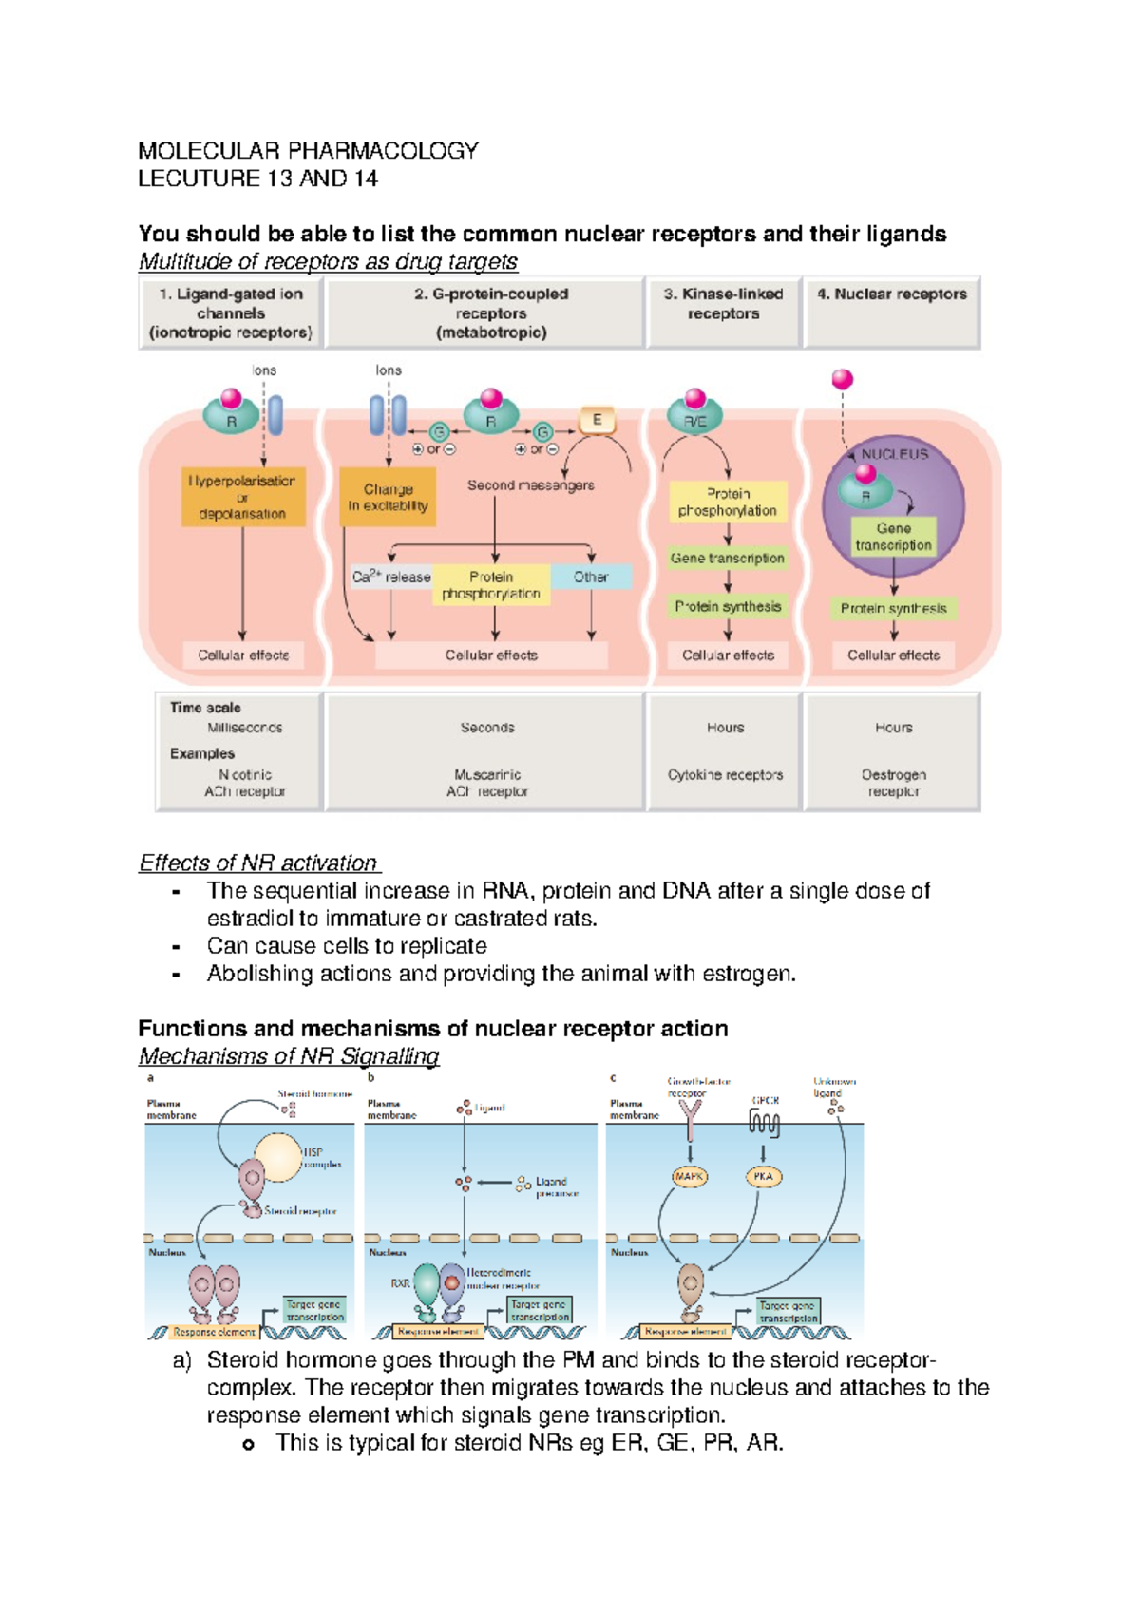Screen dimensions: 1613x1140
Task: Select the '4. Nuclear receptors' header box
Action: pos(891,312)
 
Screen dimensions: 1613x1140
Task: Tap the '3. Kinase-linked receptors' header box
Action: pos(723,312)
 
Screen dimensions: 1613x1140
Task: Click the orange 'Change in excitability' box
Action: pos(388,497)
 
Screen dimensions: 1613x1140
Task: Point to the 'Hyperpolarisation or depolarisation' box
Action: pos(242,497)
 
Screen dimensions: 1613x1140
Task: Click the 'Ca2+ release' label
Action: pos(391,577)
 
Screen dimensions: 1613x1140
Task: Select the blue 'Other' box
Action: pos(591,577)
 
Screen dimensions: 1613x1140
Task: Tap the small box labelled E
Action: pos(597,420)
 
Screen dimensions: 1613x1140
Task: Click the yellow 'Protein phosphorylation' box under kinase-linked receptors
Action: pos(728,502)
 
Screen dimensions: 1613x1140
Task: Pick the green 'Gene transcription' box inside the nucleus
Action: pos(893,537)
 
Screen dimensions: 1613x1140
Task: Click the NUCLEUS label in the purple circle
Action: pos(894,454)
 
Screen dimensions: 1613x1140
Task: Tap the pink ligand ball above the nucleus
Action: pos(842,380)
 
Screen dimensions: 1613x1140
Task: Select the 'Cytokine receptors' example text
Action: pos(725,775)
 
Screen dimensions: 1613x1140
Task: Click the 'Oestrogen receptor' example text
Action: pos(893,783)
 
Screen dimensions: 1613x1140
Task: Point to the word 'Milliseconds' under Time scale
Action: pos(245,728)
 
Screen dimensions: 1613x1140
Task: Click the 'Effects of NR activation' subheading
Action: pos(258,863)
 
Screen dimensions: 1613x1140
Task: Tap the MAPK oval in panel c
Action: pos(689,1176)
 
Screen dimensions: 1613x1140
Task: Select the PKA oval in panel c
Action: pos(763,1176)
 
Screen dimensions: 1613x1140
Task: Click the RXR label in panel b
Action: pos(400,1283)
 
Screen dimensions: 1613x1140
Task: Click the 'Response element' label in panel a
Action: pos(214,1332)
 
